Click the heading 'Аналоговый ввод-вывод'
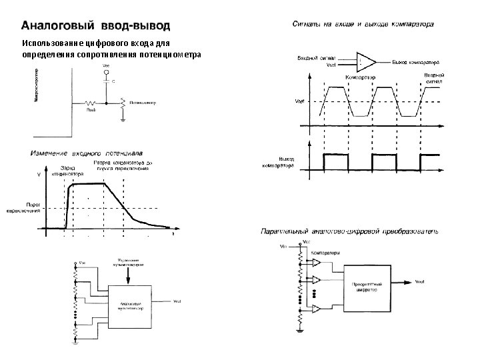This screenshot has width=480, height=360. (97, 26)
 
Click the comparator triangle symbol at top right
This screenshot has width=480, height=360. (366, 62)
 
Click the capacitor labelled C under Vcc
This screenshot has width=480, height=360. (107, 81)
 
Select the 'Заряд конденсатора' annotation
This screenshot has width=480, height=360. (68, 170)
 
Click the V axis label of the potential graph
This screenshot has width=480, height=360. (39, 175)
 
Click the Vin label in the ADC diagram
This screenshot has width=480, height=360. (284, 247)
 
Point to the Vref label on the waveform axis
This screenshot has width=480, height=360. (300, 101)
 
